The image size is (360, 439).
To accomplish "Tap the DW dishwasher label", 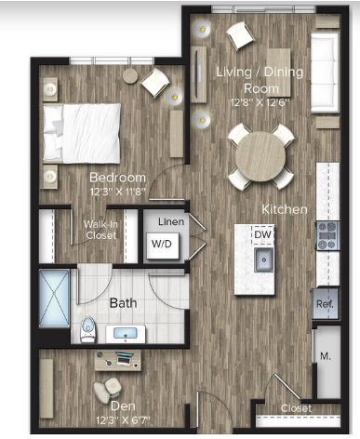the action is pos(262,234).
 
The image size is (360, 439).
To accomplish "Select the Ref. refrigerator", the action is pos(325,304).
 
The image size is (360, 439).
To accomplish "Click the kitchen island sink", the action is pos(263,259).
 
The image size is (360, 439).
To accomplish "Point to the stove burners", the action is pos(327,235).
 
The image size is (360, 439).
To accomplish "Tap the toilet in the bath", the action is pos(88,330).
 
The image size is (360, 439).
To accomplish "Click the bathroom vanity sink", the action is pos(126,334).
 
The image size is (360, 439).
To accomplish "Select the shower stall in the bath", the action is pos(54,298).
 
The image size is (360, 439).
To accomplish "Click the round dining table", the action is pos(260,156).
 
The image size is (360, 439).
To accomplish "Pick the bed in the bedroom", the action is pos(82,133).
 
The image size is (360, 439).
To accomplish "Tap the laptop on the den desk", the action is pos(125,358).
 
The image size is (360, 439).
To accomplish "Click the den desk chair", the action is pos(107,389).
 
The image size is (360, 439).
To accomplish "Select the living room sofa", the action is pos(325,73).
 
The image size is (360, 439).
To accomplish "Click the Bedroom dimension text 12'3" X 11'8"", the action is pos(117,192).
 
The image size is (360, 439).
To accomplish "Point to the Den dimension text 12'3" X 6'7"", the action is pos(123,420).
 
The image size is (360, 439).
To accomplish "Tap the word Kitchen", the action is pos(285,209).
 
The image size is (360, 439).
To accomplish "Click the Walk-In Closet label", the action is pos(100,230).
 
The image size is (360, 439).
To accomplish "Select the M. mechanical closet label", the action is pos(326,356).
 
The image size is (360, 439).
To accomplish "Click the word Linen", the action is pos(171,221).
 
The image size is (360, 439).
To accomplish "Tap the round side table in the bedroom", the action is pos(130,75).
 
